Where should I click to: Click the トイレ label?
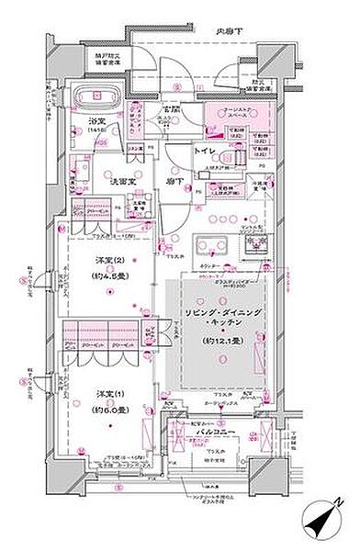click(205, 149)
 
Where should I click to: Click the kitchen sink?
click(209, 247)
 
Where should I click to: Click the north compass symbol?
click(324, 519)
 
